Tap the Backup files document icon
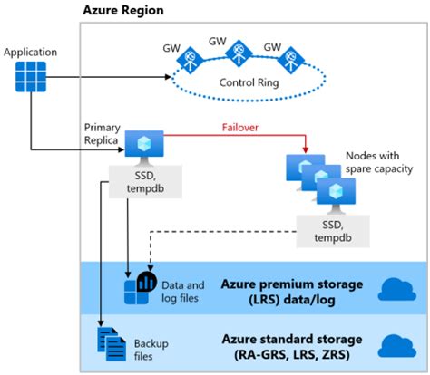[110, 342]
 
